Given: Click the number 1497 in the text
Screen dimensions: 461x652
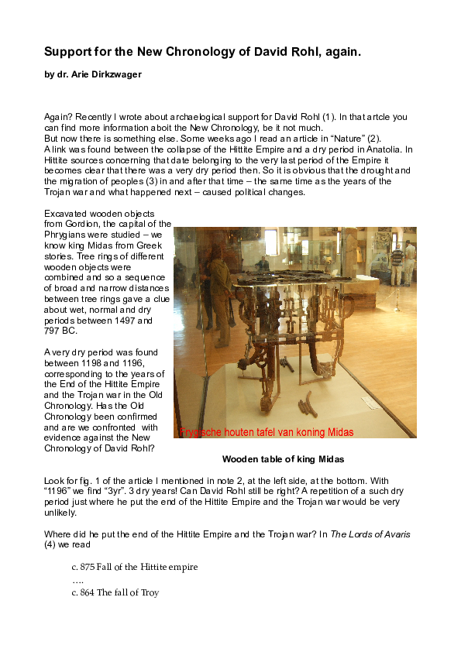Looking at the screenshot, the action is click(139, 320).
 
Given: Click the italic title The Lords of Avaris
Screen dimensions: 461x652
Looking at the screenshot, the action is click(370, 534).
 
